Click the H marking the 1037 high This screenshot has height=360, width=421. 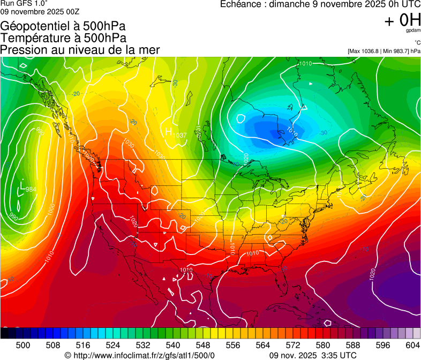coord(168,131)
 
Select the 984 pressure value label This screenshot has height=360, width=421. coord(31,189)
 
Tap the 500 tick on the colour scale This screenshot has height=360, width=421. coord(23,345)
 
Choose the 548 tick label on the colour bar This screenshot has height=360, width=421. coord(202,345)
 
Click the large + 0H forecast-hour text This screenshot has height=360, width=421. coord(402,20)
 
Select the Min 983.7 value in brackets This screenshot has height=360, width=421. coord(394,51)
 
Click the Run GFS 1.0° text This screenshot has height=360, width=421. coord(24,3)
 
